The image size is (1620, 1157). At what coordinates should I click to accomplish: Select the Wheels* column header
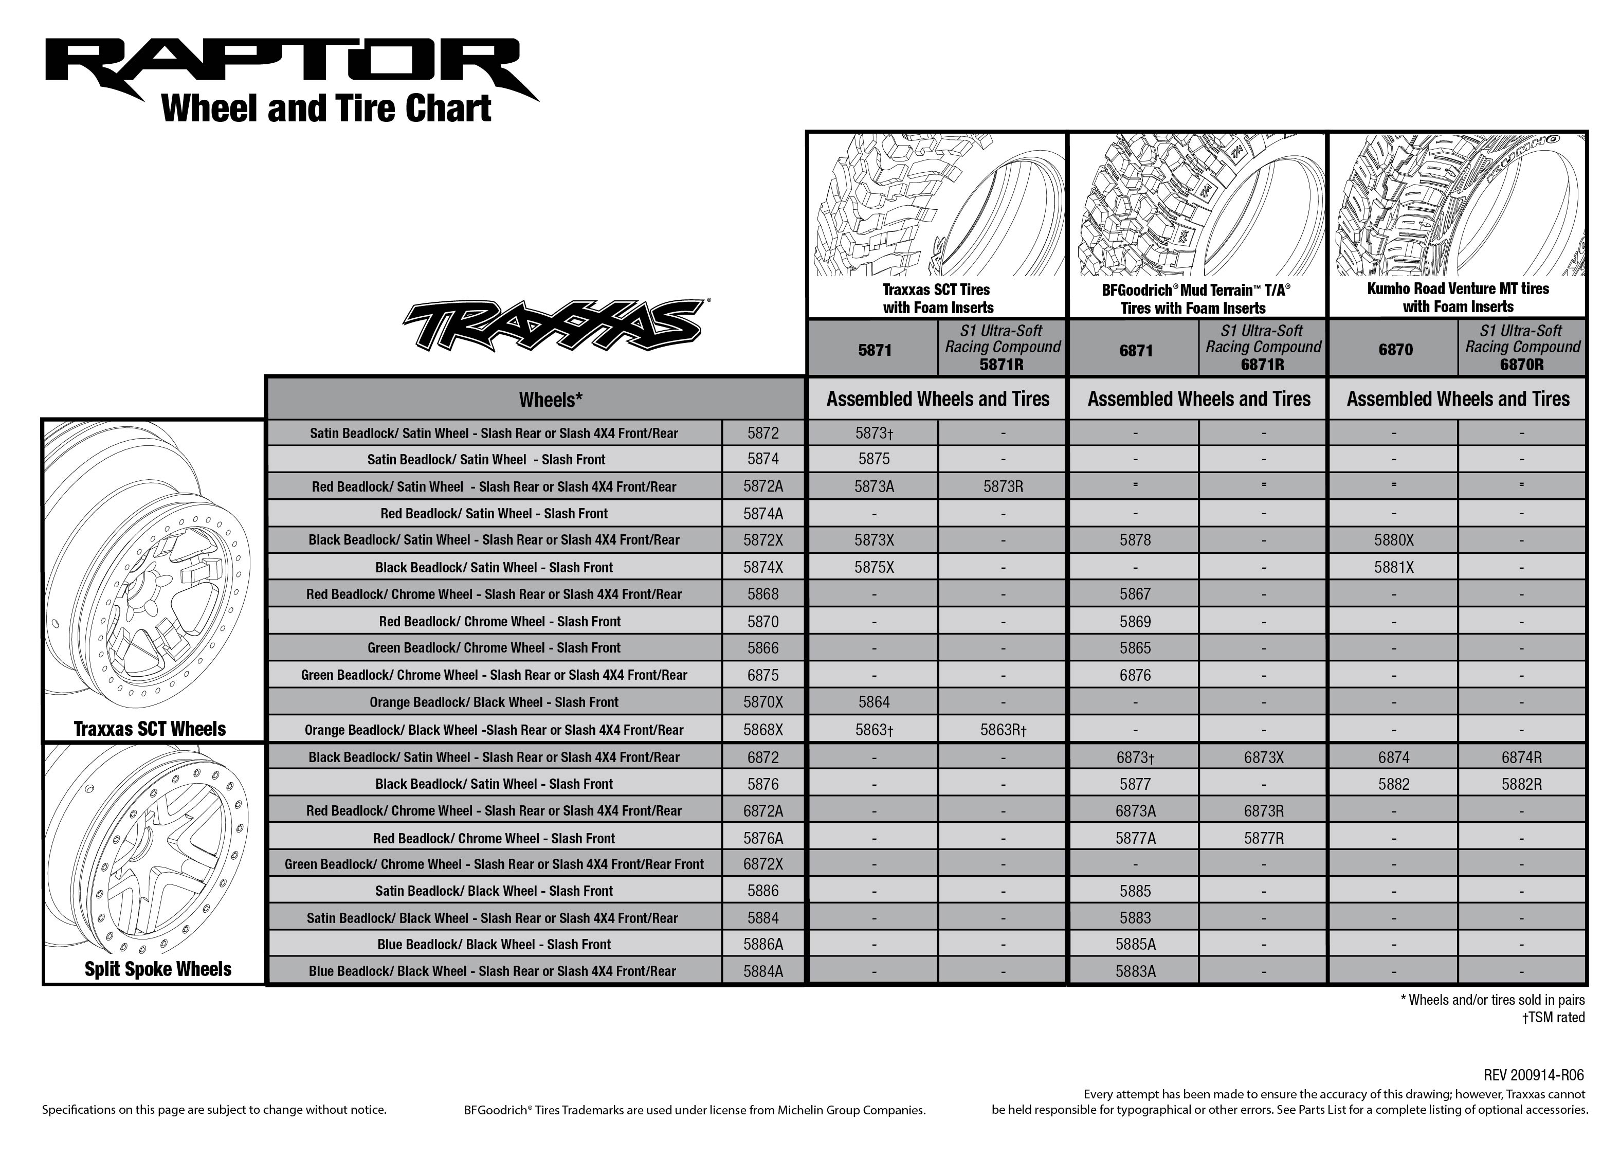tap(551, 400)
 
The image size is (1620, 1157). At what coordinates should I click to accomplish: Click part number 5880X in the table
tap(1394, 540)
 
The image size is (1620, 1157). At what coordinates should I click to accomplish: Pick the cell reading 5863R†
tap(1003, 730)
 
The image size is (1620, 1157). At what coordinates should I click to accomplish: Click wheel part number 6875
tap(762, 675)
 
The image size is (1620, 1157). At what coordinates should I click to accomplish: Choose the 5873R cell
tap(1003, 486)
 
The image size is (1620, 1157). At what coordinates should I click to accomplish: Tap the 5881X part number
tap(1394, 568)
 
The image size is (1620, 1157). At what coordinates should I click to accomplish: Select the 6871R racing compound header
tap(1263, 348)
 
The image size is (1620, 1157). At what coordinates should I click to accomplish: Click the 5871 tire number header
tap(875, 350)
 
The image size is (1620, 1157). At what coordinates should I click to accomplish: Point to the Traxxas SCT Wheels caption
tap(150, 729)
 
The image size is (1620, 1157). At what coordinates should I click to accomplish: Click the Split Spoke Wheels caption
tap(157, 969)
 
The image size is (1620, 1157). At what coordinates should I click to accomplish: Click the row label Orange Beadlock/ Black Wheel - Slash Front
tap(494, 702)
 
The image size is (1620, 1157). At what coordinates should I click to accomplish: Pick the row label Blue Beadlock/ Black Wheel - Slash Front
tap(494, 945)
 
